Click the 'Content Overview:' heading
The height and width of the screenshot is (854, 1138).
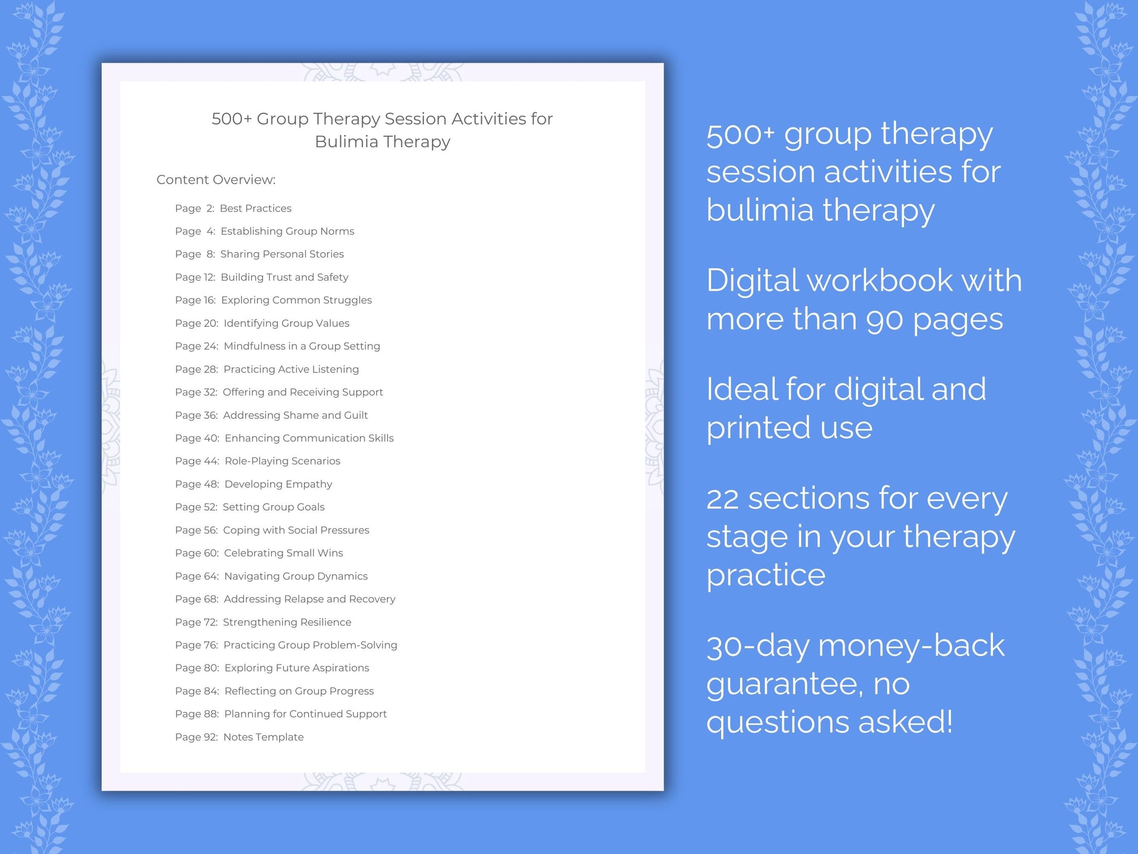(x=216, y=180)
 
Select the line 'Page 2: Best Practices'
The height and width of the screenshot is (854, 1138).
(x=233, y=208)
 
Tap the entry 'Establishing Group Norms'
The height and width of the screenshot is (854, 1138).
(x=287, y=231)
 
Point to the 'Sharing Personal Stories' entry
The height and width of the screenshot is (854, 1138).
(x=282, y=254)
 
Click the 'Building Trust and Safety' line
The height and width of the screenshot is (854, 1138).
(x=284, y=277)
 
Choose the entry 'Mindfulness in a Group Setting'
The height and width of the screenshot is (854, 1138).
(x=302, y=346)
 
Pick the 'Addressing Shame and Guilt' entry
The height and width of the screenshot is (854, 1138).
(x=295, y=415)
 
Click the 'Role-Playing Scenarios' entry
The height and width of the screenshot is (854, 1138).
(x=282, y=461)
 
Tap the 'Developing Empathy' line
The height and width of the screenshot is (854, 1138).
(x=278, y=484)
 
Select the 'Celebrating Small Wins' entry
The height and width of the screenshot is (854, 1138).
(x=284, y=553)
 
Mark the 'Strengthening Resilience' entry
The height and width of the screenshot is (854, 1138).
(x=287, y=622)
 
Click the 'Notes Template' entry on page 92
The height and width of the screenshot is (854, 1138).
(x=263, y=737)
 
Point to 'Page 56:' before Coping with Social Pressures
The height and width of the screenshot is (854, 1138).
(x=196, y=530)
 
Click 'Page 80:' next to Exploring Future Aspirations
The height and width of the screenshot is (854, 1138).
(x=197, y=668)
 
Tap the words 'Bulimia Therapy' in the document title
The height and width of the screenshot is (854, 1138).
(x=382, y=142)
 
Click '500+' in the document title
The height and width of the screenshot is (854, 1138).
(x=232, y=119)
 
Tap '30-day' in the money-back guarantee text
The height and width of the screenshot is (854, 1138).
(x=758, y=646)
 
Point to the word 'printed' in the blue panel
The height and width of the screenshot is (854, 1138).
(x=758, y=428)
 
